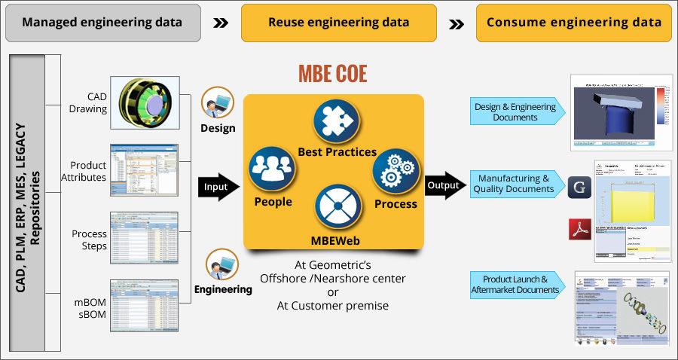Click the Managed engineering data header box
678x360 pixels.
102,23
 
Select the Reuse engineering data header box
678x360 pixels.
338,23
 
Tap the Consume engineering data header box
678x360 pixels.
573,23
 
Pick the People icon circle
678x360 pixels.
270,168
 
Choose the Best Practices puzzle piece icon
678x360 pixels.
336,121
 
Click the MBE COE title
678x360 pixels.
332,75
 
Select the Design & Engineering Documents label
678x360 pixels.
514,112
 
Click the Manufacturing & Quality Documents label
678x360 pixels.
514,184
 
